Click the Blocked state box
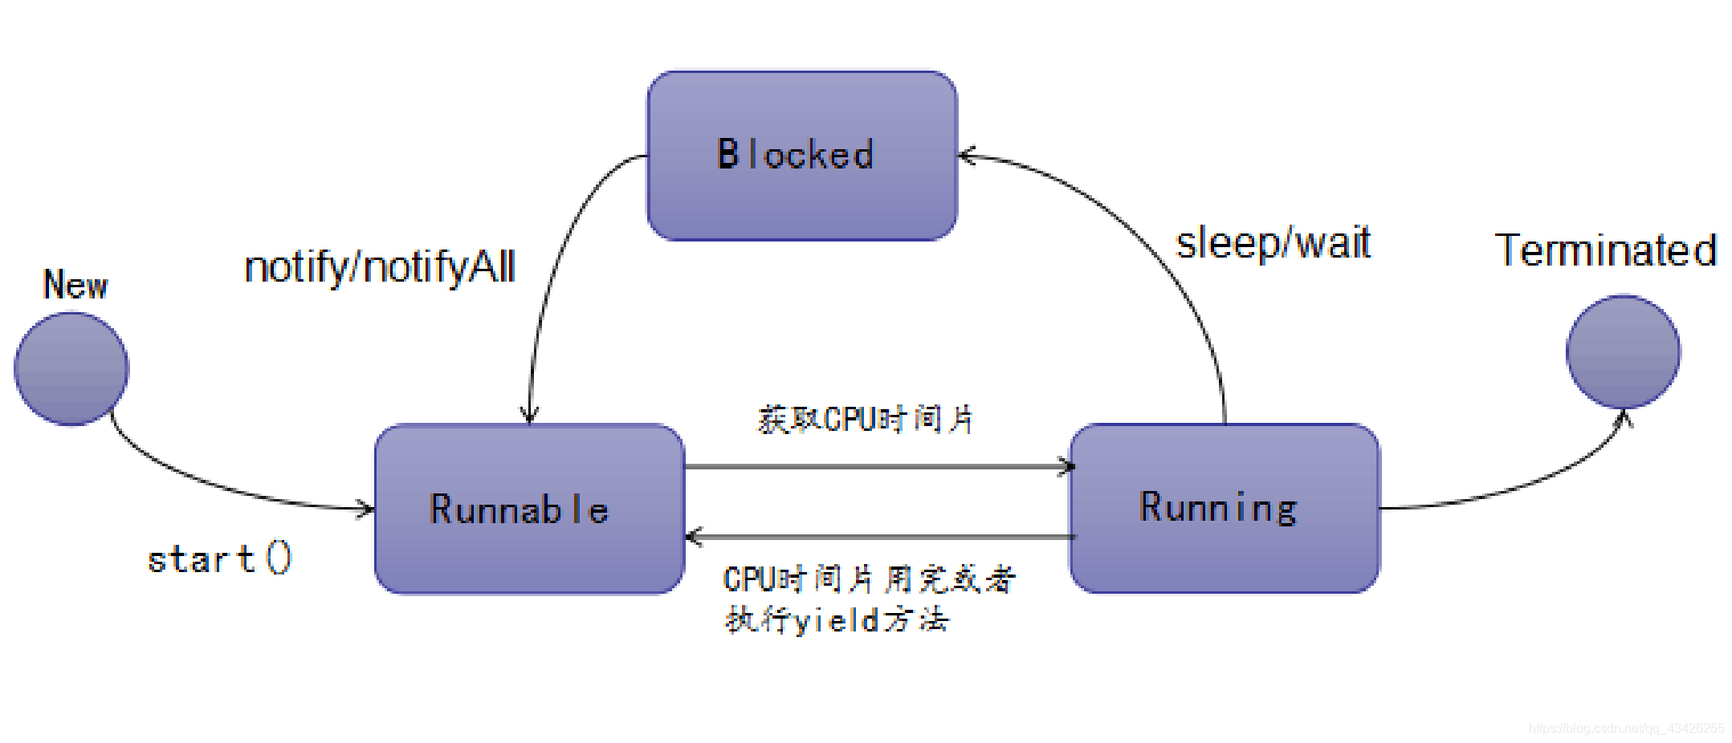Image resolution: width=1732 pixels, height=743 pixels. [801, 156]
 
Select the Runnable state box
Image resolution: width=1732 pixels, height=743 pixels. [529, 510]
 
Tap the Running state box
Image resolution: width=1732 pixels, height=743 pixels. [1224, 509]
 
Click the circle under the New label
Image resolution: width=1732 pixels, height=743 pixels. [71, 368]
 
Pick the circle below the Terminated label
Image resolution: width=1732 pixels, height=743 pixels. [1623, 351]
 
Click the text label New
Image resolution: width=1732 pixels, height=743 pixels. [75, 285]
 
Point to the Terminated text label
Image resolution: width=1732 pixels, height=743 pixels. [1606, 250]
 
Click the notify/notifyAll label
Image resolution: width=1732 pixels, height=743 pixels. [379, 267]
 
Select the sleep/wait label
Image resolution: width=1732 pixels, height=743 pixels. [1273, 242]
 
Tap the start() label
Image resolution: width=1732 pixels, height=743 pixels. [219, 558]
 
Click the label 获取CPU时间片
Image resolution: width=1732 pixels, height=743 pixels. [866, 420]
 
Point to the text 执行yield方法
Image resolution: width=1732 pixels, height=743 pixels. [837, 619]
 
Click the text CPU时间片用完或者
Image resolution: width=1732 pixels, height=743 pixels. [870, 579]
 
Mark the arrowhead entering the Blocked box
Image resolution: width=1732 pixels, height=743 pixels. [966, 156]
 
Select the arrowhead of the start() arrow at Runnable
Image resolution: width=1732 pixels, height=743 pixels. [367, 508]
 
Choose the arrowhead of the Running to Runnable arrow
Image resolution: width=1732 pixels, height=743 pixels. [694, 536]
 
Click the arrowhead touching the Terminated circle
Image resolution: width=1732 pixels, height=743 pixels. [1624, 417]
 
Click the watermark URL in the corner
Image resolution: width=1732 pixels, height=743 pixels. [1626, 729]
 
